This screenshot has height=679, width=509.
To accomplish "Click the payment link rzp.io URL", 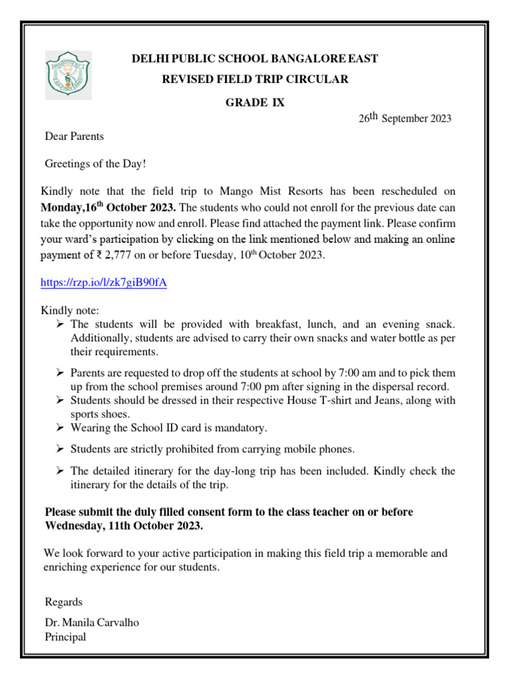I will [x=104, y=282].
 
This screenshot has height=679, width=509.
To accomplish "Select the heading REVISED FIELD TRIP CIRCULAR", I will [x=255, y=80].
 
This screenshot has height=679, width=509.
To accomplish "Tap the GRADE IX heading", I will [x=255, y=103].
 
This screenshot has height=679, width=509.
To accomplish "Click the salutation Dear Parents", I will [x=74, y=137].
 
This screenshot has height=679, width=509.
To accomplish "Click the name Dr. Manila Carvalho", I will [x=92, y=623].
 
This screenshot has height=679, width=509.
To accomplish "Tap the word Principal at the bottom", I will [x=65, y=637].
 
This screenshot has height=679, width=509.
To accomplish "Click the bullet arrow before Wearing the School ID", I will [x=60, y=428].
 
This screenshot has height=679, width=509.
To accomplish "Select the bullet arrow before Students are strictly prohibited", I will [x=60, y=450].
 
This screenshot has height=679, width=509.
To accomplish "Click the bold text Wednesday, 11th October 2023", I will [x=124, y=526].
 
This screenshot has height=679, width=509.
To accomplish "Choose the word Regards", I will [x=64, y=602].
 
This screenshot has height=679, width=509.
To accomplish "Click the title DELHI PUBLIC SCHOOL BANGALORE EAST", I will [x=255, y=59].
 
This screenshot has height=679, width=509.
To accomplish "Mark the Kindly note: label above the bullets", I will [x=70, y=310].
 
